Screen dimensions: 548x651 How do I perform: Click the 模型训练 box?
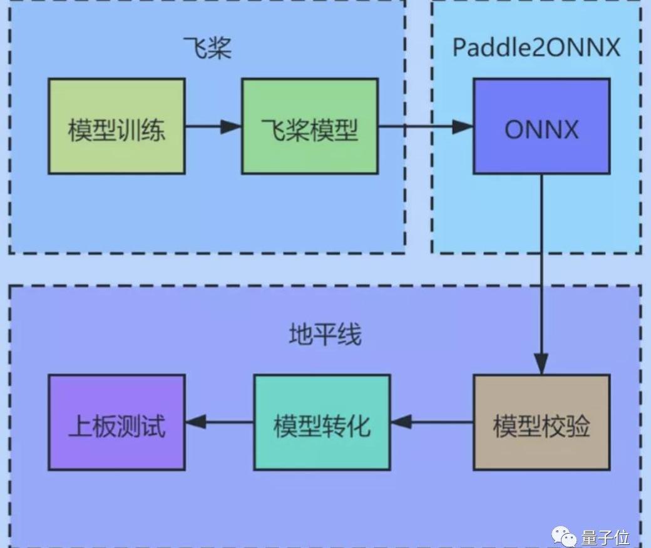(x=116, y=126)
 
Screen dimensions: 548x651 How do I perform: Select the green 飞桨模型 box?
(x=309, y=126)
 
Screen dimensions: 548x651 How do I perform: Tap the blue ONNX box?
(x=541, y=126)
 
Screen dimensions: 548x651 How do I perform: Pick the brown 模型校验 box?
(x=541, y=423)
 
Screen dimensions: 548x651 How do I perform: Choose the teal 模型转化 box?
(x=322, y=423)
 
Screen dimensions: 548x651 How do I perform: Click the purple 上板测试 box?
(x=116, y=423)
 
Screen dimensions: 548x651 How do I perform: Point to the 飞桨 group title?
(x=207, y=48)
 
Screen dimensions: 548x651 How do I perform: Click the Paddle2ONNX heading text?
(x=536, y=48)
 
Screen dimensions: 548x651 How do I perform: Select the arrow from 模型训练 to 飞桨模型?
(x=213, y=126)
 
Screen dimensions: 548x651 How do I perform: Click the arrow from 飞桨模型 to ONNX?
(x=426, y=126)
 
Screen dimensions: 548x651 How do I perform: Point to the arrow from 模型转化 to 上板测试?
(x=219, y=422)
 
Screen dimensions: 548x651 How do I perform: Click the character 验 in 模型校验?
(x=578, y=427)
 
